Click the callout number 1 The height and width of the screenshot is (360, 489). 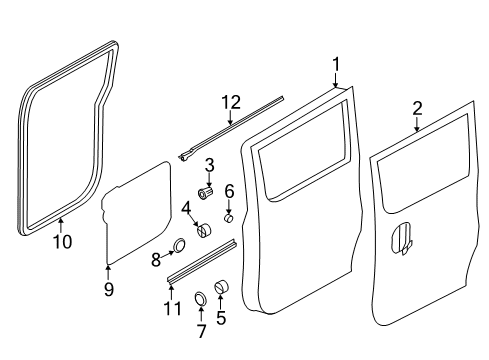(x=336, y=64)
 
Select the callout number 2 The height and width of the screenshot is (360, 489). (x=417, y=109)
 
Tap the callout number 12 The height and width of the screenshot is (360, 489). (x=231, y=102)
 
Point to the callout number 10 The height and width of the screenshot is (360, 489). (x=63, y=242)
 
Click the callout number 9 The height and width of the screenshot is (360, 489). (x=109, y=289)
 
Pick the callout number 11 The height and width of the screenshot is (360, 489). (x=173, y=309)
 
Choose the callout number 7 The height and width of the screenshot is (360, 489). (x=202, y=331)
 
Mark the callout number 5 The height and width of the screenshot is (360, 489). (x=221, y=317)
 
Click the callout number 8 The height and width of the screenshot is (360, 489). (x=156, y=260)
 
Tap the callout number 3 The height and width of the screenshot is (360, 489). (x=209, y=166)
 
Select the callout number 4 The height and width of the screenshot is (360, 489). (x=186, y=209)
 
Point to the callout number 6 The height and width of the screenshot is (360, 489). (x=229, y=191)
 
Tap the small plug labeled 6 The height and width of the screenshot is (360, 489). (x=228, y=219)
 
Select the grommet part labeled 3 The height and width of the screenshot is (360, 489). (x=205, y=193)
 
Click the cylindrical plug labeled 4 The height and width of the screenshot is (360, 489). (x=204, y=231)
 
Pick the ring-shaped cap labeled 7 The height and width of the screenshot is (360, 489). (x=200, y=298)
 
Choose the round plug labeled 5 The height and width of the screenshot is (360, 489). (x=221, y=287)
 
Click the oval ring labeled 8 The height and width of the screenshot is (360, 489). (x=179, y=245)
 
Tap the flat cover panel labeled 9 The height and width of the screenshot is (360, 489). (x=137, y=213)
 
